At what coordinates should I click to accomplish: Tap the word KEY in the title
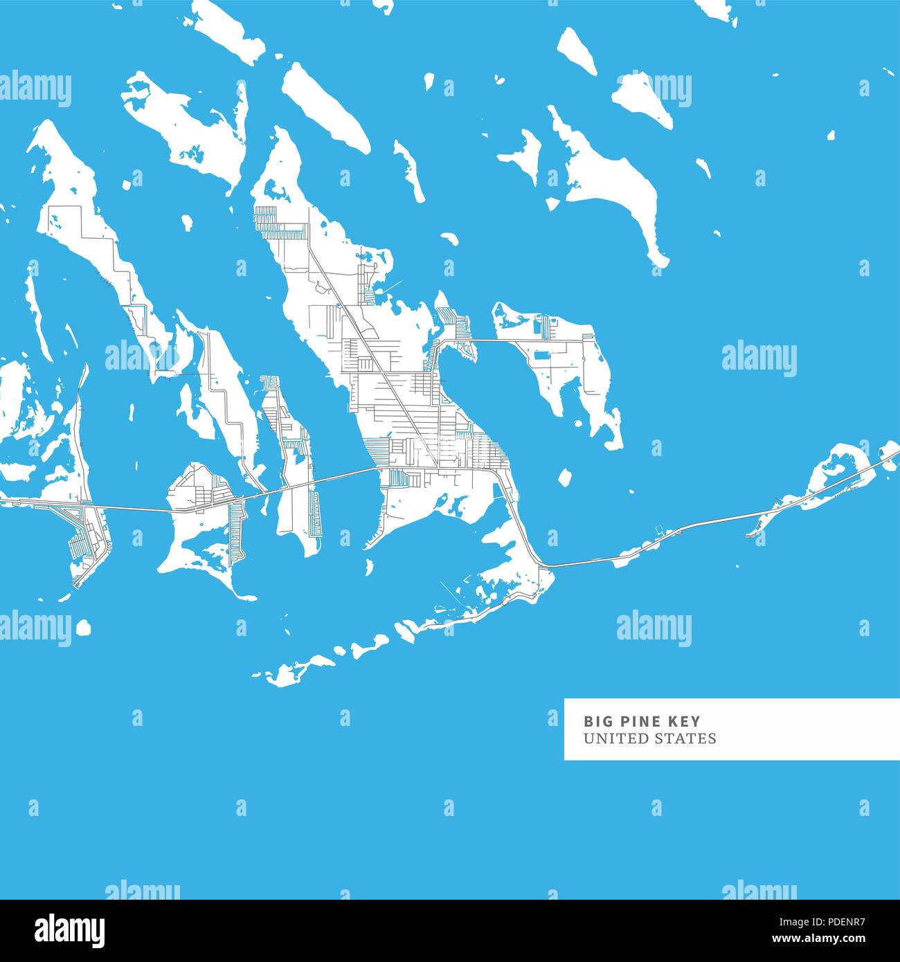(685, 721)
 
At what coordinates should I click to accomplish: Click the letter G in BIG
(606, 721)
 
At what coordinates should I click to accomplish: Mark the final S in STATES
(712, 738)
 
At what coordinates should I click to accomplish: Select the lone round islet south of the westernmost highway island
(83, 627)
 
